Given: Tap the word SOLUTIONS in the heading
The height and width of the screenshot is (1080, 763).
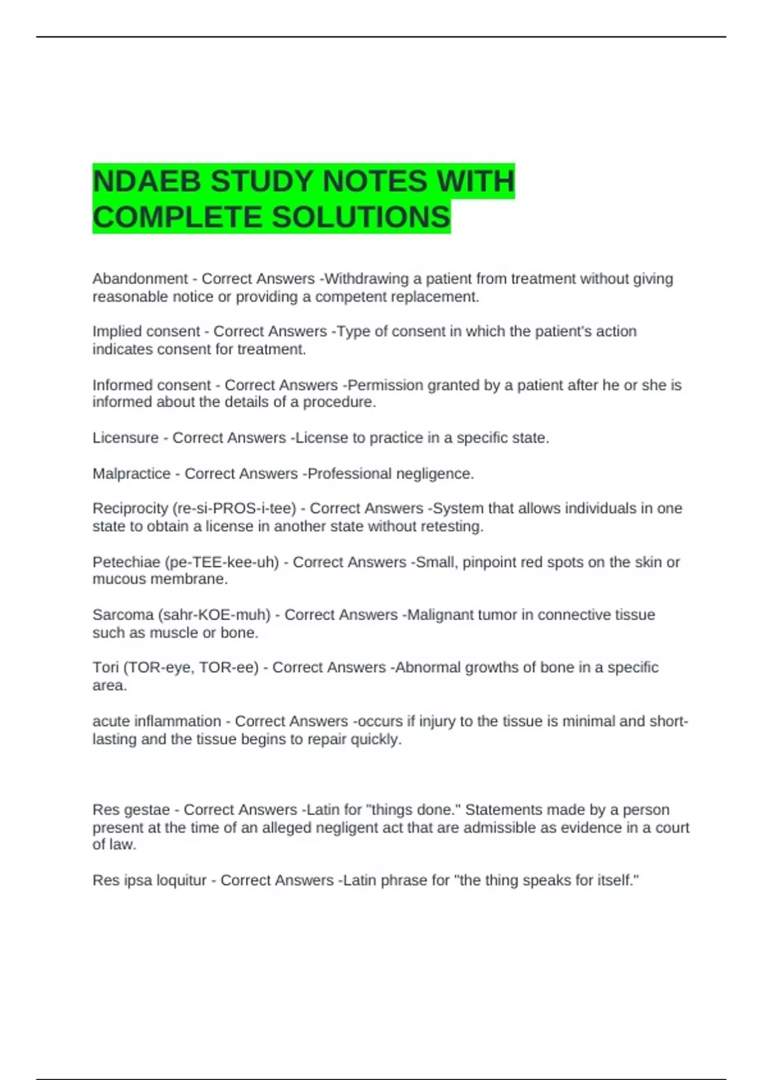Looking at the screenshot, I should (x=361, y=217).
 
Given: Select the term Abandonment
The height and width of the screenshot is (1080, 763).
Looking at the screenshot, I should (x=140, y=279).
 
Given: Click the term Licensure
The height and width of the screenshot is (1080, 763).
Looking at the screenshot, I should (x=125, y=438).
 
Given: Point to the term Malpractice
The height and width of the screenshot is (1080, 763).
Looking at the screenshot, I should (x=132, y=474).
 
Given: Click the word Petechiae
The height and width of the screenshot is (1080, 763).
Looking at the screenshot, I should (x=126, y=562).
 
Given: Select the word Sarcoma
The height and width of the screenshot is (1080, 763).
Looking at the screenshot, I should (x=122, y=615).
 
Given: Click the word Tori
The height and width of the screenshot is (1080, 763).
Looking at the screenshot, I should (x=106, y=668).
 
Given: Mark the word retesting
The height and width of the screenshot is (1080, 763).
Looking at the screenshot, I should (x=453, y=527).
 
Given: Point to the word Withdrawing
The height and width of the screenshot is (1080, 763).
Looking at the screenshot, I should (x=367, y=279).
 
